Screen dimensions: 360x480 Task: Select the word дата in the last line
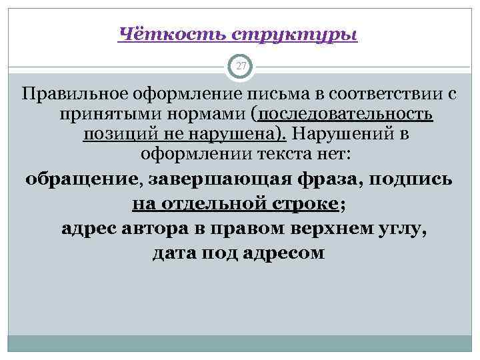click(x=173, y=253)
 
